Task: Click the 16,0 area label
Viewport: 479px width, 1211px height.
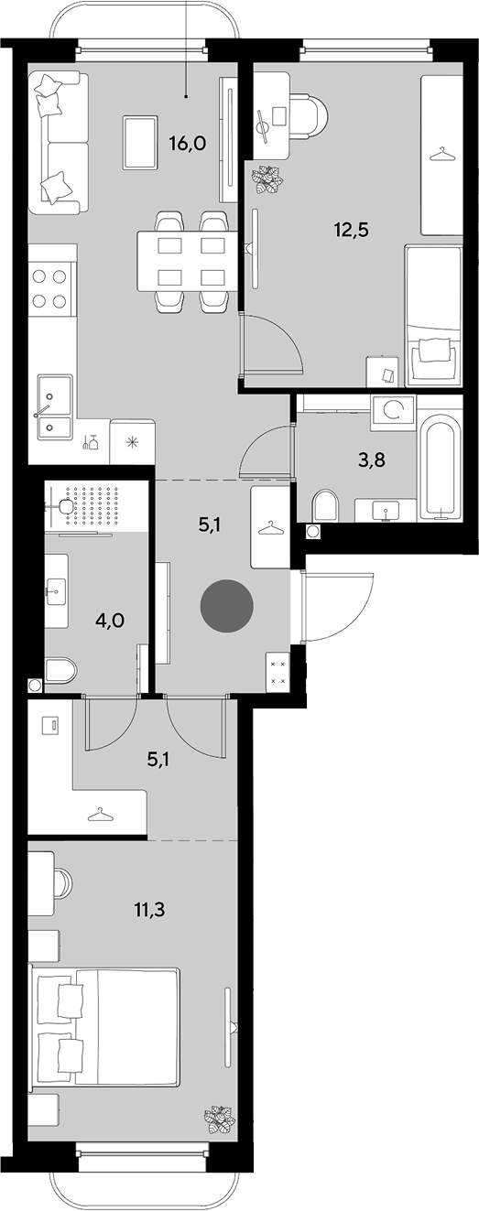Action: [188, 144]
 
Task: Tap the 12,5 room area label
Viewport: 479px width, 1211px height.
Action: [351, 231]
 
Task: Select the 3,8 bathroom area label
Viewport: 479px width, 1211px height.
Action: [374, 461]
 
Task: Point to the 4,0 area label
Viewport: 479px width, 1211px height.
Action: [109, 620]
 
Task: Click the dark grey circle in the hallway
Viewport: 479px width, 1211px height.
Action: [227, 606]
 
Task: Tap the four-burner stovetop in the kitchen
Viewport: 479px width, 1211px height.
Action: [49, 288]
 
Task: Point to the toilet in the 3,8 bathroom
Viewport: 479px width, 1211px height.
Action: [325, 506]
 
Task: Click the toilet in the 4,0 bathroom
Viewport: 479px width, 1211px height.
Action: [60, 671]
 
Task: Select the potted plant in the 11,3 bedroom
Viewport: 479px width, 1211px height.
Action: [220, 1120]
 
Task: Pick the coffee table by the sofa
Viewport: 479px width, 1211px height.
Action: [140, 143]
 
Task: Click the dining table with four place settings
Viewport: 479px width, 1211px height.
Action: [187, 261]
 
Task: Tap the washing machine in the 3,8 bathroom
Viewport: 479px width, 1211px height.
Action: [393, 412]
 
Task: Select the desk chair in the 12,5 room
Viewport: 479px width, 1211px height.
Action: [310, 114]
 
